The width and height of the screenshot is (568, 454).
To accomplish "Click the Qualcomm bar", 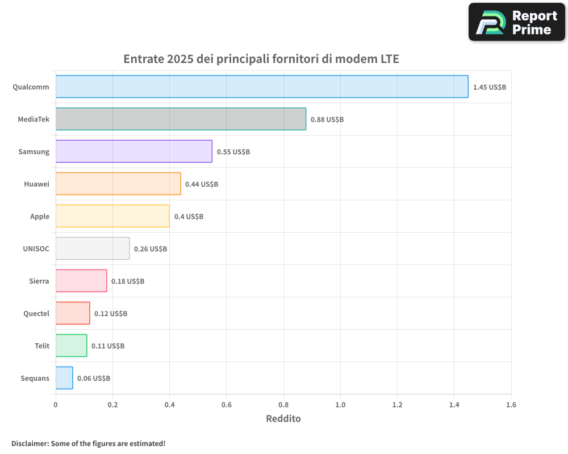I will point(262,87).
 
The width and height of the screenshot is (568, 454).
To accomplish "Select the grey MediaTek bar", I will point(181,119).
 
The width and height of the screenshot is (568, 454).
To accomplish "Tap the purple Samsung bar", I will point(133,152).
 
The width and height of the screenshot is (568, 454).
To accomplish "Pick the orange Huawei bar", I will point(118,184).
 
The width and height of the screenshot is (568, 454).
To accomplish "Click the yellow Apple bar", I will point(112,216).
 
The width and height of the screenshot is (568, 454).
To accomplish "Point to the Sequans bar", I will point(64,378).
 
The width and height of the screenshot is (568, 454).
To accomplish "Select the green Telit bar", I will point(71,346).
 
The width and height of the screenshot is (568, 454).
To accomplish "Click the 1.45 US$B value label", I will point(489,87).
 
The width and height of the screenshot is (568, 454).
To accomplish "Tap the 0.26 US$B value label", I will point(151,249).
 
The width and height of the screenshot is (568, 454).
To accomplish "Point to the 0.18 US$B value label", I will point(128,281).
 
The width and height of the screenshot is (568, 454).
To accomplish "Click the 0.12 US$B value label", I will point(111,314).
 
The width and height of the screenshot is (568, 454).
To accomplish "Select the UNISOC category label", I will point(36,249).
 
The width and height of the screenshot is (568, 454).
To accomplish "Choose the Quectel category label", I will point(36,313).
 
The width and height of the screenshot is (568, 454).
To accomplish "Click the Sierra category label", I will point(39,281).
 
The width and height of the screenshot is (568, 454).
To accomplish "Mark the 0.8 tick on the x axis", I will point(283,405).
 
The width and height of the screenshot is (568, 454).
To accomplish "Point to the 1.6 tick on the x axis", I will point(511,405).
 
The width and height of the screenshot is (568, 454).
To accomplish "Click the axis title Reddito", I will point(283,419).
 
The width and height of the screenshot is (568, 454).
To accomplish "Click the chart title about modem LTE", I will point(261,59).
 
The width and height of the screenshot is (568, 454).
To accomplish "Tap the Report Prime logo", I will point(517,22).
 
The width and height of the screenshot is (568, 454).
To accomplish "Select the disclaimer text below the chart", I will point(89,443).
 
